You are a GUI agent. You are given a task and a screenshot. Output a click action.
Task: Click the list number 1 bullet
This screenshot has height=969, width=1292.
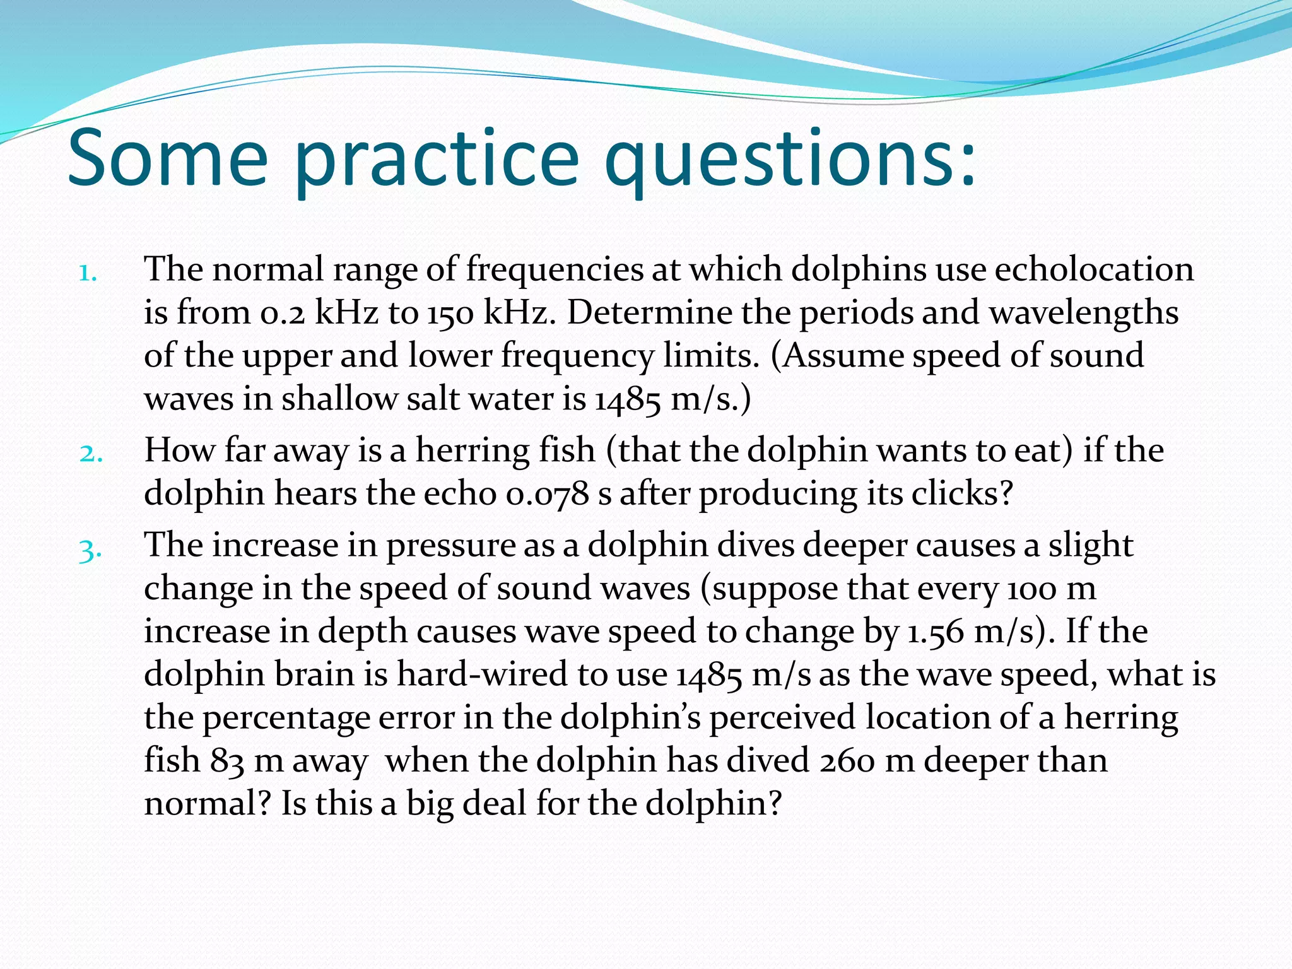pos(88,273)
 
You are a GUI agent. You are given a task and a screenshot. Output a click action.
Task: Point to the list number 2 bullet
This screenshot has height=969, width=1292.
pos(91,453)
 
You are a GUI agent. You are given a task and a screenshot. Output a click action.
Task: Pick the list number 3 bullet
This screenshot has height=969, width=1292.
pos(90,550)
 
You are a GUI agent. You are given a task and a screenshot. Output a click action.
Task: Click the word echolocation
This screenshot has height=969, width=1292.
pos(1094,269)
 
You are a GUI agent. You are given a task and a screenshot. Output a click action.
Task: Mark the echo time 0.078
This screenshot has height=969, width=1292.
pos(547,494)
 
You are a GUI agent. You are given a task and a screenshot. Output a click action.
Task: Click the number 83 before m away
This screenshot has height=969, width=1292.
pos(227,761)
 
